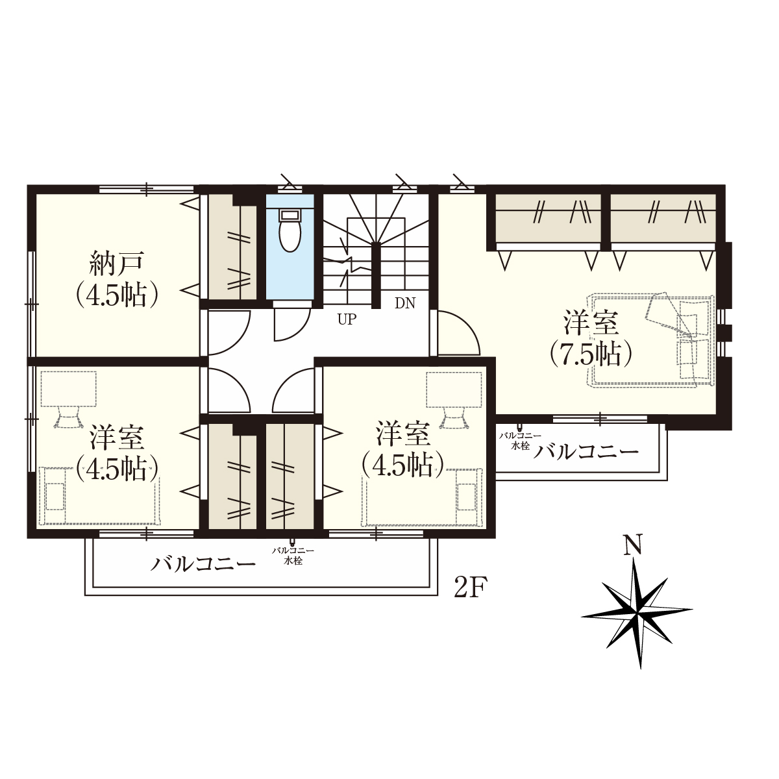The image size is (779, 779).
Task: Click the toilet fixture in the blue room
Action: tap(290, 230)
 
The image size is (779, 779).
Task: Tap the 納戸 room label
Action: tap(116, 262)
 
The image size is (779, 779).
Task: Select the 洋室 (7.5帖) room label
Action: tap(591, 340)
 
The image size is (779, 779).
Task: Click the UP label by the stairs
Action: tap(347, 319)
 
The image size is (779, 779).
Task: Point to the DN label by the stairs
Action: tap(405, 303)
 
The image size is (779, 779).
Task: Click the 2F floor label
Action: tap(471, 587)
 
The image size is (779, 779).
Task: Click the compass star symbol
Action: tap(637, 613)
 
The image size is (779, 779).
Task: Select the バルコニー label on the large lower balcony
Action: tap(203, 564)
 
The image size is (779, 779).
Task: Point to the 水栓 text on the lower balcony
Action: tap(293, 562)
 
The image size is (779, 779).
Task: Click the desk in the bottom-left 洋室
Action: tap(68, 389)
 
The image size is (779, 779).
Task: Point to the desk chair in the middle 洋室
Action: tap(454, 417)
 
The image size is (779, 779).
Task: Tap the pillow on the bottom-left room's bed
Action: tap(55, 496)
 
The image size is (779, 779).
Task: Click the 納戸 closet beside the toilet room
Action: tap(232, 247)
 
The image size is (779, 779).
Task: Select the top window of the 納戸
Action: tap(147, 188)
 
